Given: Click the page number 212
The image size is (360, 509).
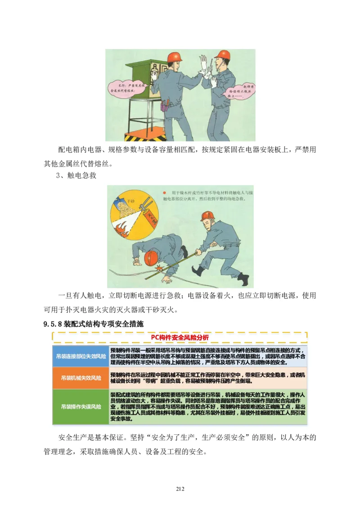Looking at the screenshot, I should point(180,489).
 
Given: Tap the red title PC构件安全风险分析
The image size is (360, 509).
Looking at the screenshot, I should point(180,337).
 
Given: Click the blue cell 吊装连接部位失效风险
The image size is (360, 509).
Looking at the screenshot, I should point(81,356).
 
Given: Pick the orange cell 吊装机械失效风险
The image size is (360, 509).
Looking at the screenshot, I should point(81,378).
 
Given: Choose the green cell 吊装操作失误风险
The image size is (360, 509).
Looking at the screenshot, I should point(81,406).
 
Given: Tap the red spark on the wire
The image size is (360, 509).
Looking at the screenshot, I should point(158,270).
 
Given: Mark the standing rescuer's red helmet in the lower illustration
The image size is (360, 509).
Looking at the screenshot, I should point(207,215).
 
